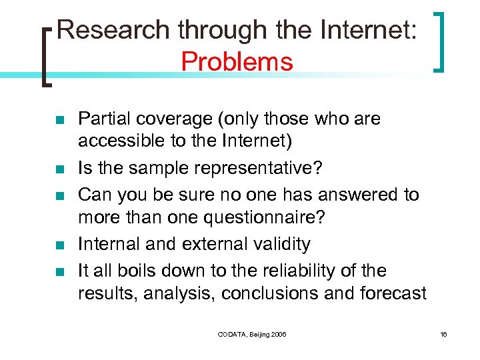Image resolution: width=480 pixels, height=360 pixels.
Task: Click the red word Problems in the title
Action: click(237, 62)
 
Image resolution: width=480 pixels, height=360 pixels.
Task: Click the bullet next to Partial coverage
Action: click(59, 120)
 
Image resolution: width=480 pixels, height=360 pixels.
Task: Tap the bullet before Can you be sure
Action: click(59, 196)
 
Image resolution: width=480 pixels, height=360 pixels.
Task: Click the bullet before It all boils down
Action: click(59, 271)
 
